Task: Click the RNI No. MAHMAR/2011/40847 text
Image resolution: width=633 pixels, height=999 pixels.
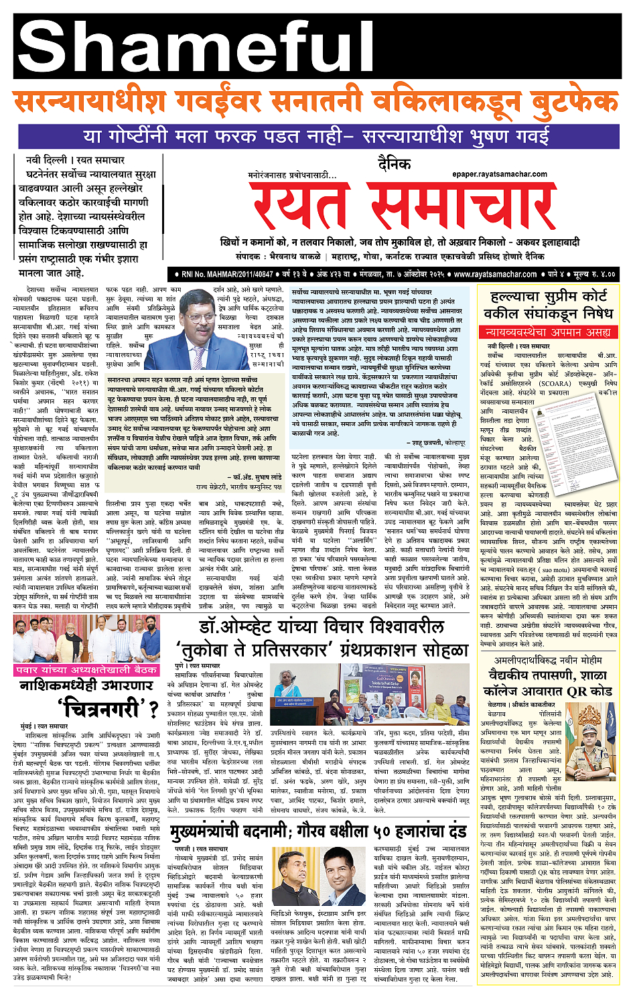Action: click(227, 274)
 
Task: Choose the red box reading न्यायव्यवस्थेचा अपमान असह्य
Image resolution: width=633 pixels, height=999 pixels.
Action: click(548, 331)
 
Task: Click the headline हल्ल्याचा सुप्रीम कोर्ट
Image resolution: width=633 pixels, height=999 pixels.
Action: click(548, 296)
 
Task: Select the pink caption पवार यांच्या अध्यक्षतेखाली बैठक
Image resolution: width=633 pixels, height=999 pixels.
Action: click(86, 669)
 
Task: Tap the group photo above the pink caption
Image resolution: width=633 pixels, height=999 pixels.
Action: click(86, 639)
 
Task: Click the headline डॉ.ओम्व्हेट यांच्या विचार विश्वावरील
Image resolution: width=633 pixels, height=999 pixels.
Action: click(322, 627)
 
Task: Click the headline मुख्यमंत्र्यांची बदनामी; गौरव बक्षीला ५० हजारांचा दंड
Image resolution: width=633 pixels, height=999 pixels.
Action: click(318, 832)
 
